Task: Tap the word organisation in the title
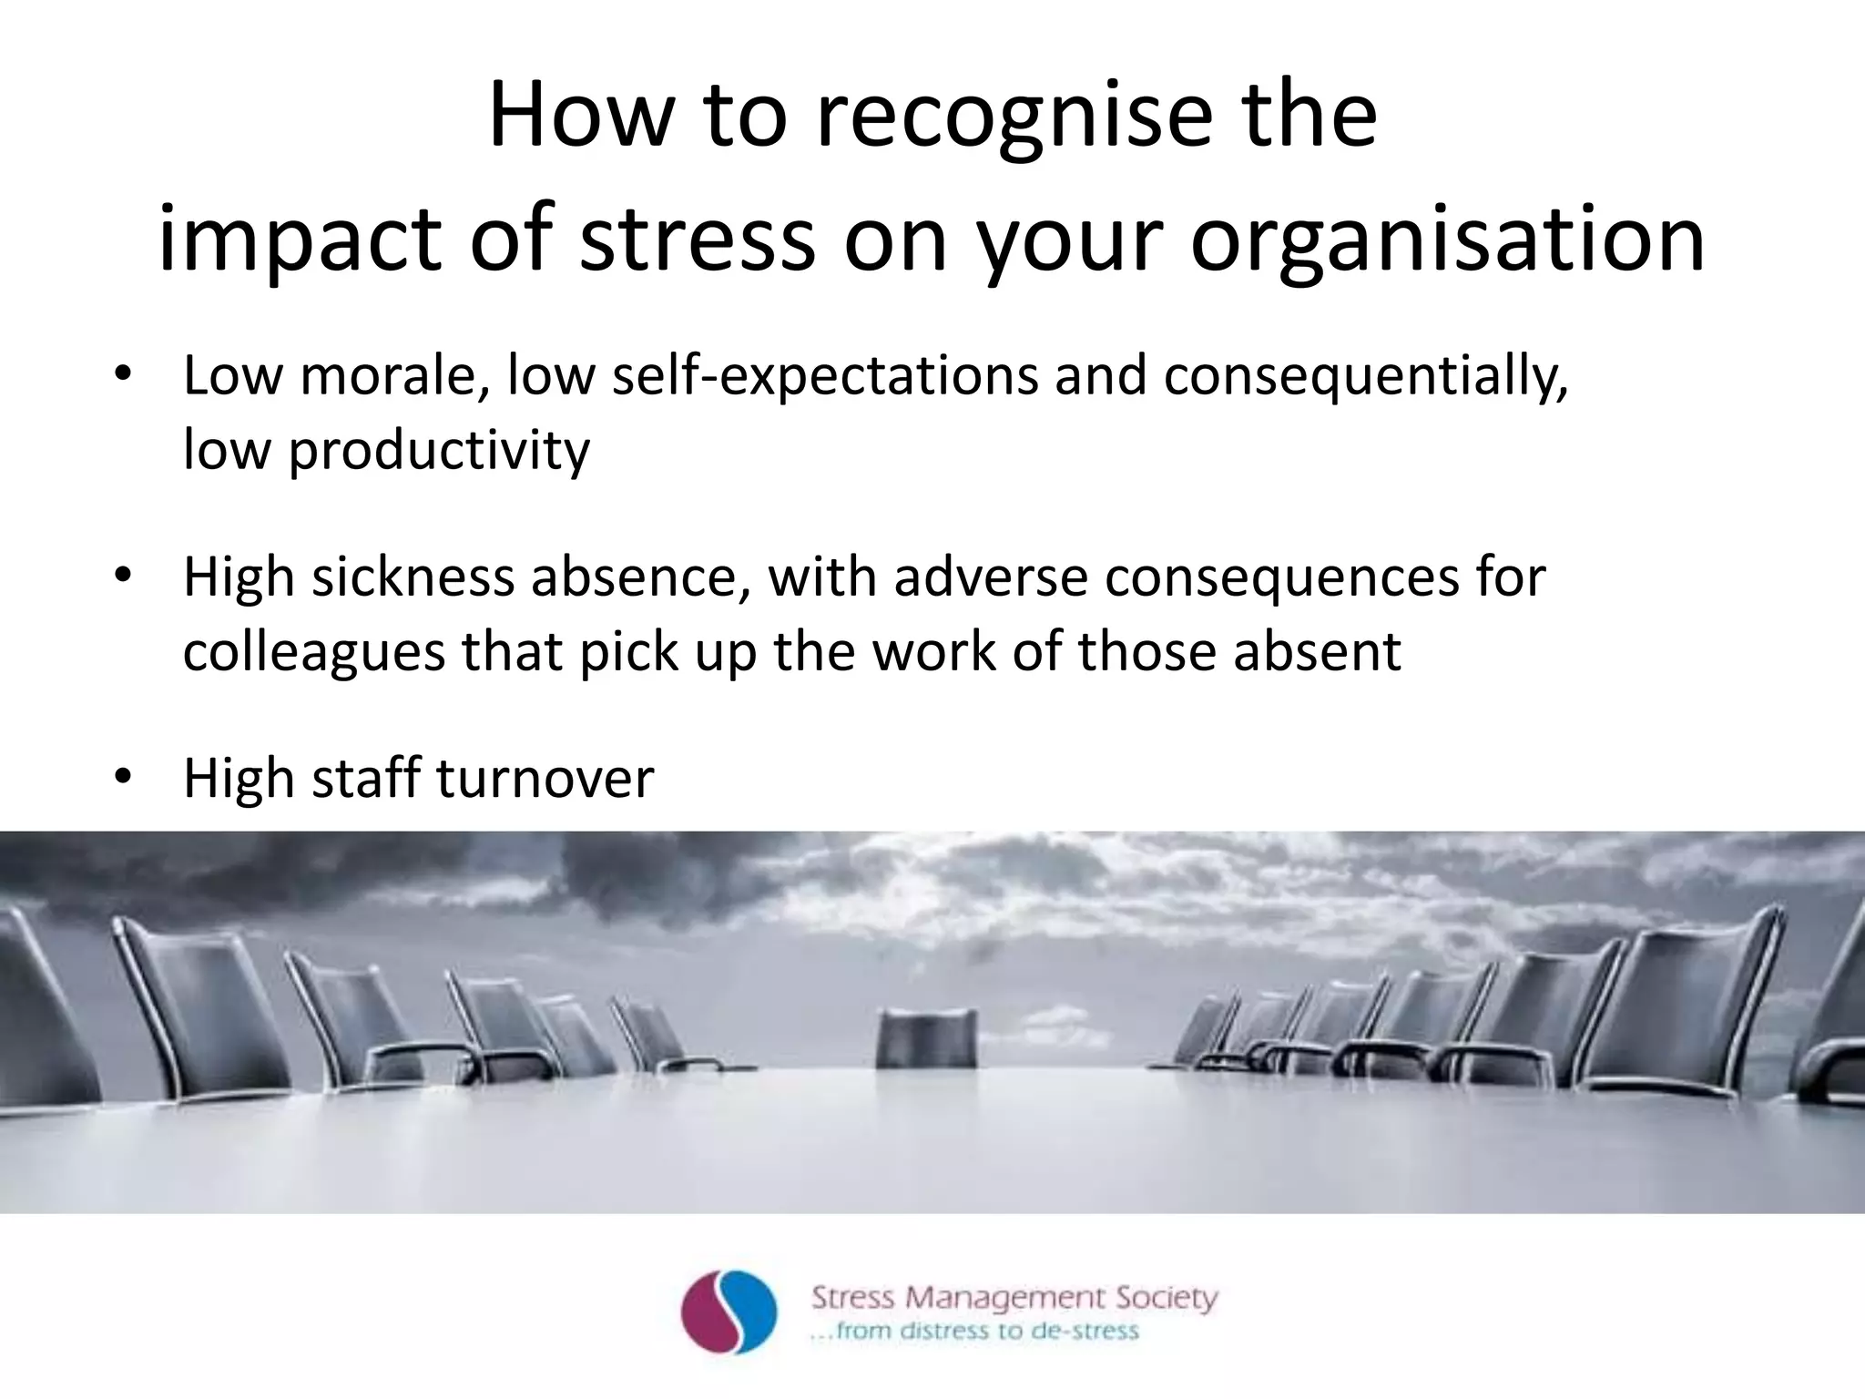tap(1447, 239)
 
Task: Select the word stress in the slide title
tap(698, 239)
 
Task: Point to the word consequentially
tap(1366, 376)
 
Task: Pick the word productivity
tap(439, 451)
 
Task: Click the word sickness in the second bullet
tap(413, 577)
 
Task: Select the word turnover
tap(545, 779)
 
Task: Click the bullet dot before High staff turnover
tap(124, 779)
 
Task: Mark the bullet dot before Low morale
tap(124, 376)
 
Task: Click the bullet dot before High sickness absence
tap(124, 577)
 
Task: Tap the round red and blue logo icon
tap(729, 1312)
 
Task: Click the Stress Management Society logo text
tap(1014, 1297)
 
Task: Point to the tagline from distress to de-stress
tap(974, 1332)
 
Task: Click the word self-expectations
tap(824, 376)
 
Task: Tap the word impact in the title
tap(300, 239)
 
